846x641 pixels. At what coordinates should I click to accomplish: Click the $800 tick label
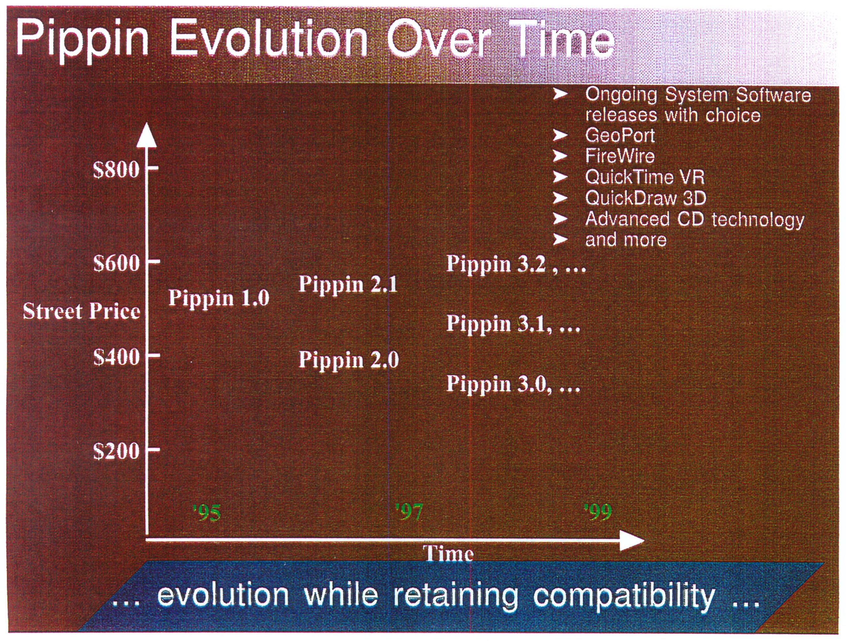click(116, 169)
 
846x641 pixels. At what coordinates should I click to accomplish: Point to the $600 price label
click(116, 263)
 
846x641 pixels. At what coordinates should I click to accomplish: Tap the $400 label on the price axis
click(116, 357)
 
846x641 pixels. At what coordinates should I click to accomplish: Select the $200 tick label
click(116, 451)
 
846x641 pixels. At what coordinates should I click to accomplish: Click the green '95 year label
click(207, 513)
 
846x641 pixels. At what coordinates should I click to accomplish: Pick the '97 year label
click(409, 512)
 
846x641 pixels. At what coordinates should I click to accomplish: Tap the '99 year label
click(598, 512)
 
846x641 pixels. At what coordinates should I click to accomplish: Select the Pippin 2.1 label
click(348, 285)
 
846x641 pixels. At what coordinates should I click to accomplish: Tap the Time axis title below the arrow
click(448, 553)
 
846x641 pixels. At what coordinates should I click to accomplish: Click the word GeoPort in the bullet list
click(620, 135)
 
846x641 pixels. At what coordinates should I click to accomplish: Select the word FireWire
click(620, 156)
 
